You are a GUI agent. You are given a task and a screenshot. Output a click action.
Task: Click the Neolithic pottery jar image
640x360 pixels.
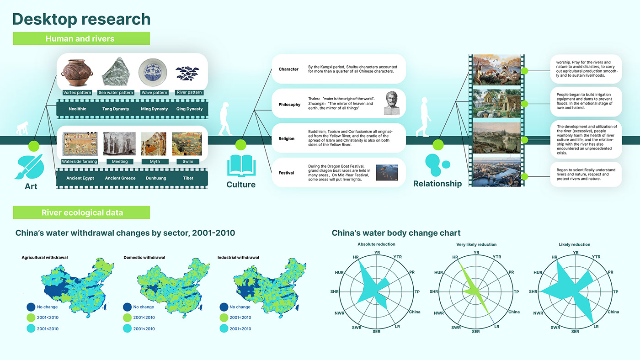click(77, 73)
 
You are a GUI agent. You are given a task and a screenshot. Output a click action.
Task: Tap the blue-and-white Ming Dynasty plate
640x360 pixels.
click(153, 72)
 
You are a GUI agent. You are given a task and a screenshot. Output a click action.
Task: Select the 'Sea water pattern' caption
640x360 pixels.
click(116, 92)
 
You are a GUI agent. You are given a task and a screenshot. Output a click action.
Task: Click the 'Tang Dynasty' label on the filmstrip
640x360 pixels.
click(116, 109)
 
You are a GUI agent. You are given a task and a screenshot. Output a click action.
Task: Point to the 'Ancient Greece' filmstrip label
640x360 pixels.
click(120, 178)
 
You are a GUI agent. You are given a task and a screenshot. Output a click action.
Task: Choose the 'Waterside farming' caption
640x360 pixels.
click(80, 162)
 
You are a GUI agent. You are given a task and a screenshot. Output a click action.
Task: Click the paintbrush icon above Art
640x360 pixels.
click(29, 167)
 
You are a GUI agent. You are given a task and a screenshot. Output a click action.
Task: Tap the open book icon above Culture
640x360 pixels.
click(241, 165)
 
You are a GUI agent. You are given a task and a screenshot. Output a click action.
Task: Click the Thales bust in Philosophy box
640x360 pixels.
click(391, 103)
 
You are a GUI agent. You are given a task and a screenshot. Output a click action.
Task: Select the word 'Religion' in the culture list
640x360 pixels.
click(286, 138)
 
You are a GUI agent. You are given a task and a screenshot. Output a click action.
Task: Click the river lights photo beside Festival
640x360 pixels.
click(387, 172)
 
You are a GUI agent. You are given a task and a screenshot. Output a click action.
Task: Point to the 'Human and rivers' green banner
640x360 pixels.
click(81, 38)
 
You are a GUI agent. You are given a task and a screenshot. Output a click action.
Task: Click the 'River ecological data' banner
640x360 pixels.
click(81, 212)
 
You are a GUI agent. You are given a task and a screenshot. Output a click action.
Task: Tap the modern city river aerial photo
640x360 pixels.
click(497, 172)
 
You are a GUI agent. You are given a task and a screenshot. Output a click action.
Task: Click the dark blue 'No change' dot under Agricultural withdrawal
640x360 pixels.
click(31, 307)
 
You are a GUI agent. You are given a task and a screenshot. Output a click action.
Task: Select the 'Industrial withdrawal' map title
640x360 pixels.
click(238, 258)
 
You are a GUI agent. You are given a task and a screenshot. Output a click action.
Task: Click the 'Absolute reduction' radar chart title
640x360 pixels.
click(376, 244)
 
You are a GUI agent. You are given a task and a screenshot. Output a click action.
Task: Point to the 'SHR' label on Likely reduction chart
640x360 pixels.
click(533, 291)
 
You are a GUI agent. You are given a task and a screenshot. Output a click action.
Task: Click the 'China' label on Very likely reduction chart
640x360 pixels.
click(514, 312)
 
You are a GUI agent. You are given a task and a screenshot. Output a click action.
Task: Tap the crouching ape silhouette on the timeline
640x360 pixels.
click(22, 128)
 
